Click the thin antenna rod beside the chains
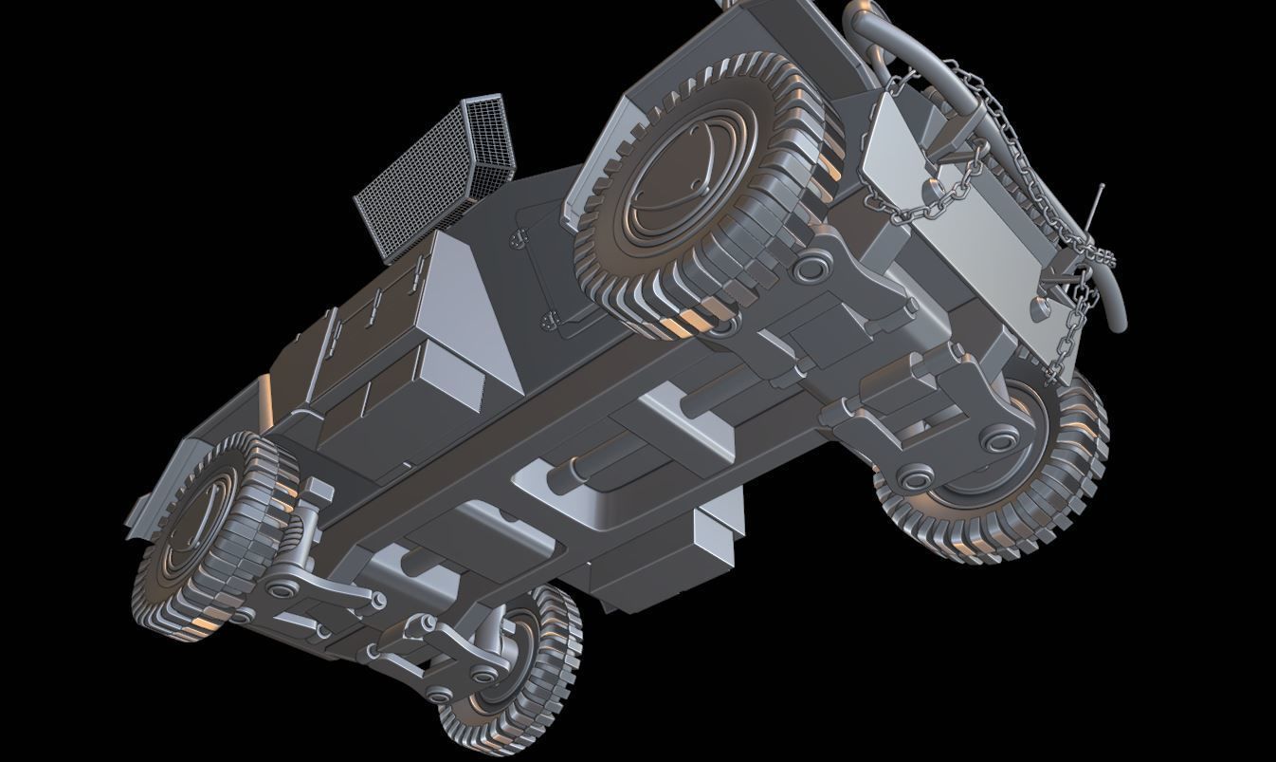(x=1097, y=204)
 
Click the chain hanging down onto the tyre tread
(x=1071, y=332)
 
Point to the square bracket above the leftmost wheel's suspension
(x=318, y=493)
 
